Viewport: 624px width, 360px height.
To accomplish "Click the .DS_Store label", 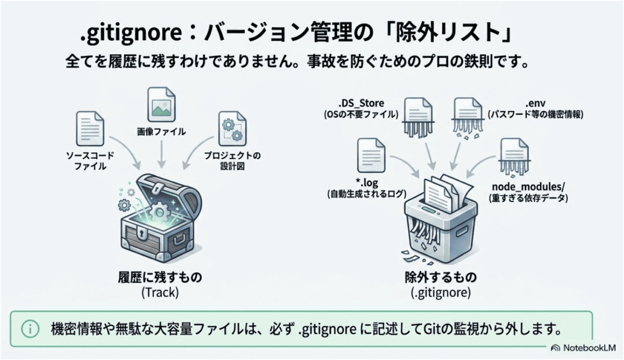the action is click(x=361, y=104).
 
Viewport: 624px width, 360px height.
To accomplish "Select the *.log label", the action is click(x=367, y=183).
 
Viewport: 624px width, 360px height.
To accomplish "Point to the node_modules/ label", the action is click(x=528, y=186).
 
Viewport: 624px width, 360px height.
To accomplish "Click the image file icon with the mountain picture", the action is click(x=162, y=105).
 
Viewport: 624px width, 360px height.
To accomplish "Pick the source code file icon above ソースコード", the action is click(x=90, y=128).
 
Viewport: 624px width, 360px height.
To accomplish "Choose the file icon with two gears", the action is click(x=232, y=128).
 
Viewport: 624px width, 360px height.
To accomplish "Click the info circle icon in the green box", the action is click(x=30, y=329).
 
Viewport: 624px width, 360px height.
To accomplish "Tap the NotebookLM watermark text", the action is click(x=590, y=348).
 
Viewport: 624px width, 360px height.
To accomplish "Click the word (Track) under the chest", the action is click(x=160, y=292).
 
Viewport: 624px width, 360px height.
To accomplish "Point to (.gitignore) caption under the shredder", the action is click(x=441, y=292).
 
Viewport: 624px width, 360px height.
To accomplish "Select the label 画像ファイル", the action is click(x=161, y=132).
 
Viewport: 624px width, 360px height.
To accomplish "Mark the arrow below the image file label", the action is click(x=162, y=154).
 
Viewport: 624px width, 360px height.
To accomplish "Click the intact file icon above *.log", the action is click(x=371, y=156).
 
